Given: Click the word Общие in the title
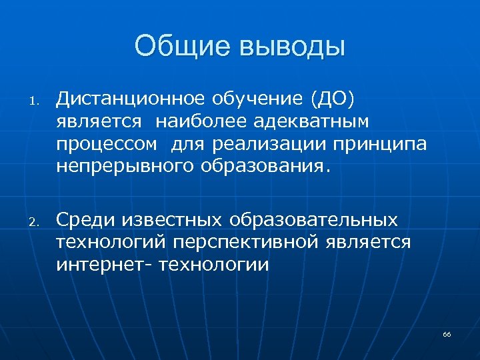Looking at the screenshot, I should point(179,47).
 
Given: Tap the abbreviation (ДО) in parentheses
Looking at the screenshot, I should point(332,99).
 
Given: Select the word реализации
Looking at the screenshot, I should point(265,144).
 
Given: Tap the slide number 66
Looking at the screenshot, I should point(447,333).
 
